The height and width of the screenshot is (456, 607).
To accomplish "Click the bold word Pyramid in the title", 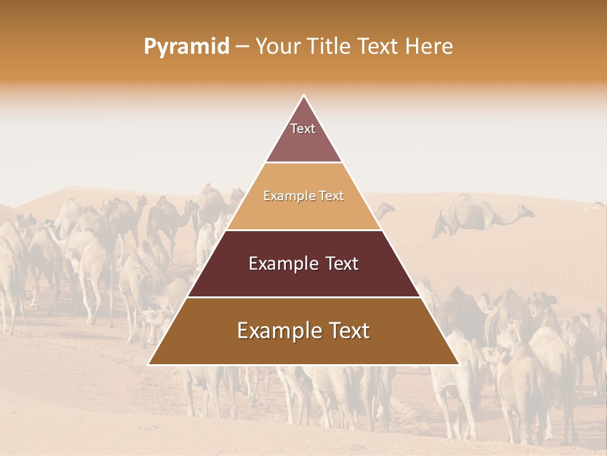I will [x=187, y=47].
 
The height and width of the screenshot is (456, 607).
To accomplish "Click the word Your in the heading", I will [x=278, y=47].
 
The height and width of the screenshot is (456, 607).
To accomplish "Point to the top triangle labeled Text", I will [x=303, y=136].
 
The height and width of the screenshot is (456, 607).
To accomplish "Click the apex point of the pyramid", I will [x=303, y=96].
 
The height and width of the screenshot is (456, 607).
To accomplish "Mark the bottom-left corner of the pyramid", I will [x=149, y=364].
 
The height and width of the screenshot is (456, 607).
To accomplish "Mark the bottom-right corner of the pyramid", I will [x=459, y=364].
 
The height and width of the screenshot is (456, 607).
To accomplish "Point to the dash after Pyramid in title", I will [x=242, y=47].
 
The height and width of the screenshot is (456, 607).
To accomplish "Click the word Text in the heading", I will [x=378, y=47].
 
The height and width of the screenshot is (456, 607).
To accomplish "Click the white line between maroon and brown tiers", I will [x=303, y=297].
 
